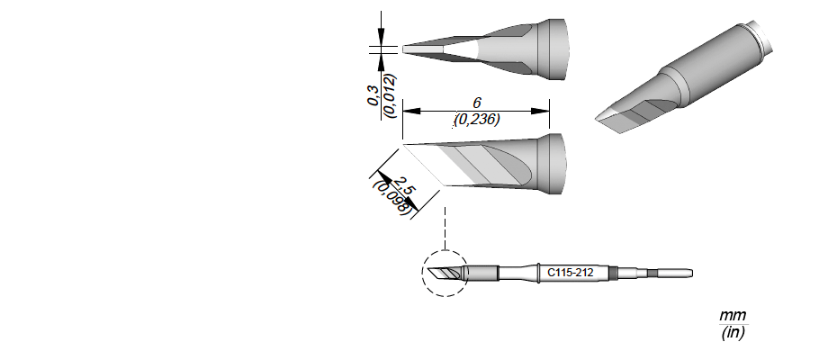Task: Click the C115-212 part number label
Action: (x=570, y=273)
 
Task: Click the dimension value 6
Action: (x=477, y=103)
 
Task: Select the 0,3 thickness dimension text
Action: (x=373, y=95)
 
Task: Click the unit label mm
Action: (x=733, y=315)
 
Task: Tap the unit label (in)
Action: (x=733, y=332)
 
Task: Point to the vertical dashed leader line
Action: (x=445, y=228)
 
